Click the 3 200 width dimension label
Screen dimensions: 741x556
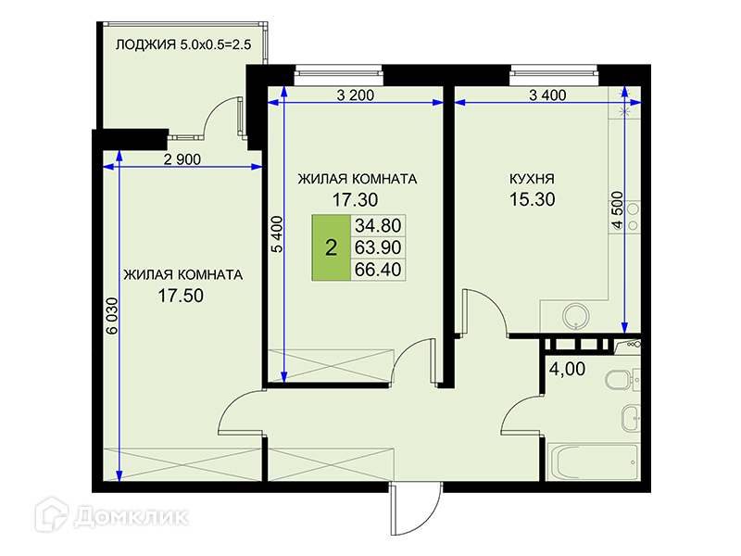pos(356,95)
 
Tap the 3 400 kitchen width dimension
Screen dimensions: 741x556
pos(547,95)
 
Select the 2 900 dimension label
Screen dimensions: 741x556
pos(182,159)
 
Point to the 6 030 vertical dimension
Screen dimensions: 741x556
pos(112,315)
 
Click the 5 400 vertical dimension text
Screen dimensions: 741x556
pos(277,234)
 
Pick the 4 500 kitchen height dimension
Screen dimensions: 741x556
pos(618,210)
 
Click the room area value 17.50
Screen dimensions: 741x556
pos(181,296)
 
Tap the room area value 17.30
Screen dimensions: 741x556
pos(355,200)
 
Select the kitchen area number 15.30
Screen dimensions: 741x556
pos(532,199)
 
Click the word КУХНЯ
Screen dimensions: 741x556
pos(532,179)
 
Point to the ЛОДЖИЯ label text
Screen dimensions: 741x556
pos(145,44)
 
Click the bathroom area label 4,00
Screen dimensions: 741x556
pos(567,369)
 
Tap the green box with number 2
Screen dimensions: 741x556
pos(331,247)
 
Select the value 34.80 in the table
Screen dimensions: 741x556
pos(378,225)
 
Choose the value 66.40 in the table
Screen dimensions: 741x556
pos(378,270)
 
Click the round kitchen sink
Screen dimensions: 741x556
pos(576,316)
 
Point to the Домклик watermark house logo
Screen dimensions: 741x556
pos(52,514)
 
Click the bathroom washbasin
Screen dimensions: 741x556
pos(631,418)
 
